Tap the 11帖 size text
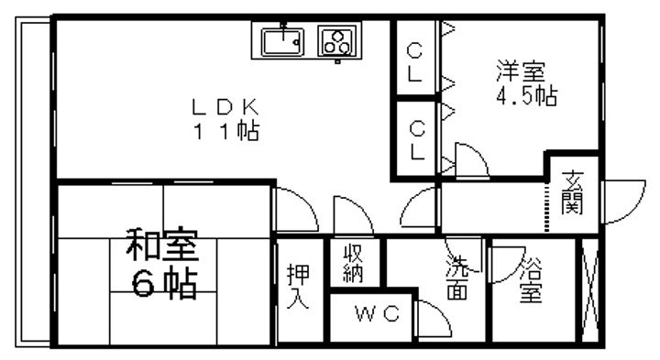point(224,131)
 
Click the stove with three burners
point(336,42)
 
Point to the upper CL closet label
point(415,61)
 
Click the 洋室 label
point(522,70)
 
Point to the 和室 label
point(162,248)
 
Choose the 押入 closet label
point(297,287)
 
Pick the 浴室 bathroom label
point(530,280)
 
